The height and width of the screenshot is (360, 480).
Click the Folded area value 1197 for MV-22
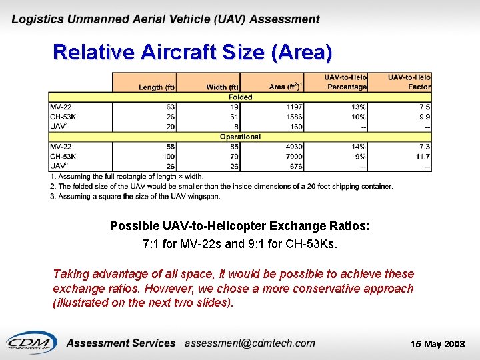pyautogui.click(x=294, y=107)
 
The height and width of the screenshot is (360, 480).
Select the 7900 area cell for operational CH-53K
pyautogui.click(x=294, y=157)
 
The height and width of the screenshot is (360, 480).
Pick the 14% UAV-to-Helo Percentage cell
pyautogui.click(x=357, y=147)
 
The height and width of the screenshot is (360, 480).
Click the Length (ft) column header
pyautogui.click(x=157, y=87)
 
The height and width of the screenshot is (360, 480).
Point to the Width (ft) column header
pyautogui.click(x=223, y=87)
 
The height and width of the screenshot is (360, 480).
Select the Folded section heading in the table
pyautogui.click(x=240, y=97)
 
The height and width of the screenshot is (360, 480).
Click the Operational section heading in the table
pyautogui.click(x=240, y=137)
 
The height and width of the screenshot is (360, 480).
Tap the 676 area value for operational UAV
pyautogui.click(x=296, y=166)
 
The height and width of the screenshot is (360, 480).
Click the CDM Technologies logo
pyautogui.click(x=30, y=342)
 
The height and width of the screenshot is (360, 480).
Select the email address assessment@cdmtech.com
pyautogui.click(x=249, y=343)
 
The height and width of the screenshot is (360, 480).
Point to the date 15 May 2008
pyautogui.click(x=437, y=344)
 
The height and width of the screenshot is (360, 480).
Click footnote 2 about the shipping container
pyautogui.click(x=221, y=186)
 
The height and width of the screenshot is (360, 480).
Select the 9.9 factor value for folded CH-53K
pyautogui.click(x=424, y=117)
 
